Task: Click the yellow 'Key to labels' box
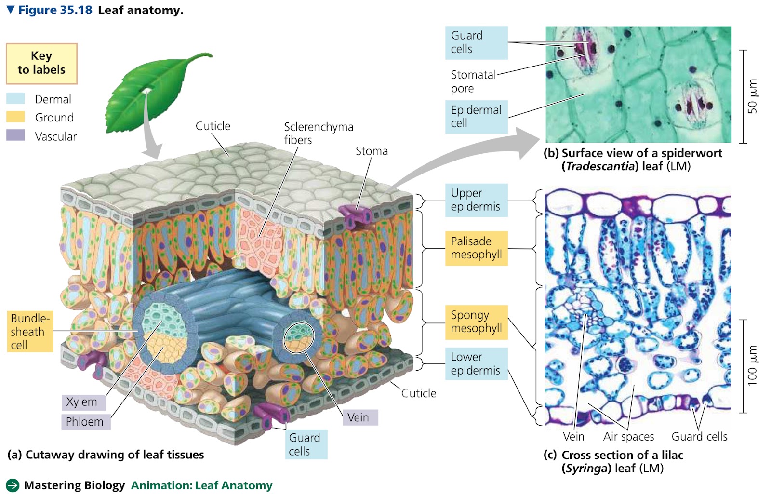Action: [41, 64]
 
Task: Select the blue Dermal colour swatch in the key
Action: [15, 98]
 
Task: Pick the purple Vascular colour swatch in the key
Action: [15, 135]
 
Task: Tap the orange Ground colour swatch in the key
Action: [15, 117]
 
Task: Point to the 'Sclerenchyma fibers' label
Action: [319, 133]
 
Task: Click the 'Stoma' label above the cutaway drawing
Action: [372, 151]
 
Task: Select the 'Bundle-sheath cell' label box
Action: [30, 332]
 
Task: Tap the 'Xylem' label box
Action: [84, 402]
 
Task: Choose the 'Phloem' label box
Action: [86, 422]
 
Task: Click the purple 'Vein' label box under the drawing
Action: [360, 417]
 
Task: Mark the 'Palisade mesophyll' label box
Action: [477, 248]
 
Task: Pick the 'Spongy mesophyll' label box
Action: [477, 322]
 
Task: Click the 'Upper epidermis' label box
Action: [477, 200]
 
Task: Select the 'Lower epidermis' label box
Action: [477, 364]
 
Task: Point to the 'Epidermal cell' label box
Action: [477, 117]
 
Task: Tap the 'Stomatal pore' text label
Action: [473, 81]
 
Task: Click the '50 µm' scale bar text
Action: [752, 96]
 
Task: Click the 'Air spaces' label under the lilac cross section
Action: [628, 436]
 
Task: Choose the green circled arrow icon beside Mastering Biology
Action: [13, 485]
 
